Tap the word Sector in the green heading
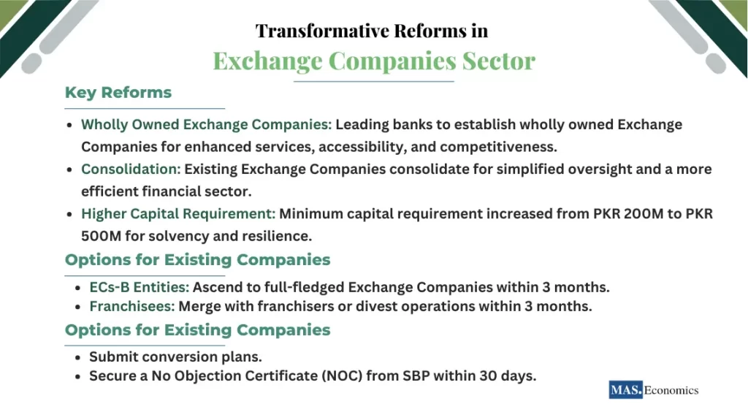click(497, 60)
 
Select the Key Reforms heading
click(118, 93)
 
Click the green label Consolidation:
click(131, 169)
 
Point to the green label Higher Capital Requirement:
click(178, 214)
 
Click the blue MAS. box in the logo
click(626, 390)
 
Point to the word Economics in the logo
click(672, 390)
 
